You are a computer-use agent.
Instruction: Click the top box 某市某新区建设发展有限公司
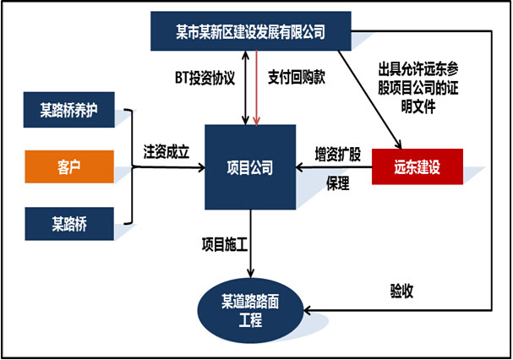(x=250, y=33)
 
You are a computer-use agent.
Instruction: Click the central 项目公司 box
(x=250, y=167)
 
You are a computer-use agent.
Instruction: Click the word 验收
(x=401, y=292)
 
